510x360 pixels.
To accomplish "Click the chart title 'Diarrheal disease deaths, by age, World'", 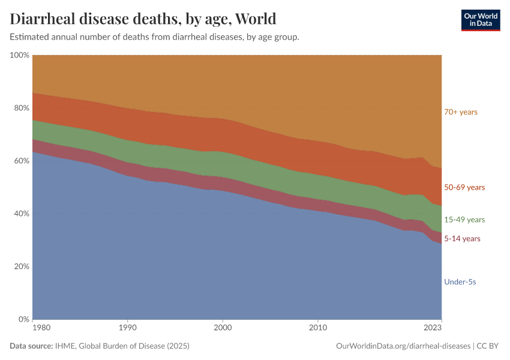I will [x=143, y=19].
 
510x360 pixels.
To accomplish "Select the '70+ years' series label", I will [x=461, y=112].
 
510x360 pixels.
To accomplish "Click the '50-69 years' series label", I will [x=464, y=188].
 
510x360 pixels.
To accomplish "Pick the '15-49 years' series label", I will [x=464, y=220].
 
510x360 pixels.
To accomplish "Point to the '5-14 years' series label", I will [x=462, y=239].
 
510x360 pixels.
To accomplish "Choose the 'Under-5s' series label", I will [x=460, y=282].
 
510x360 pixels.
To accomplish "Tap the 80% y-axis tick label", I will [x=21, y=108].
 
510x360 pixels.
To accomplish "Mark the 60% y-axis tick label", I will [x=21, y=161].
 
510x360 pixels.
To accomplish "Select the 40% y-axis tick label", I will [x=21, y=214].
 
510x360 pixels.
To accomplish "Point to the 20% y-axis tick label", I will [x=21, y=266].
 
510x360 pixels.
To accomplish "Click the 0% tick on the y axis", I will [x=23, y=319].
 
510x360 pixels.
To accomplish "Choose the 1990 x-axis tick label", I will [x=127, y=328].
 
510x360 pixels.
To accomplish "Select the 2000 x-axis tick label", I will [x=223, y=328].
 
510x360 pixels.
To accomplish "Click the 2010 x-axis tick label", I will [x=317, y=328].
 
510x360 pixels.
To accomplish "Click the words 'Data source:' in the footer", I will [x=31, y=346].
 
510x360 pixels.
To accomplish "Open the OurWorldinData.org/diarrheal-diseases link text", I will [x=404, y=346].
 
